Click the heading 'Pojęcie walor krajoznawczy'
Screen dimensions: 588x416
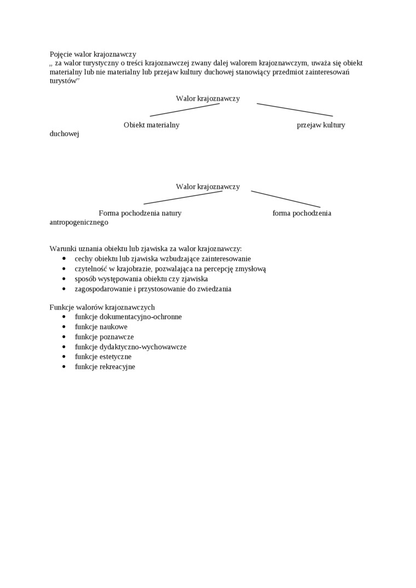(93, 54)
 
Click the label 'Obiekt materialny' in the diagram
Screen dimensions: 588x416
(152, 125)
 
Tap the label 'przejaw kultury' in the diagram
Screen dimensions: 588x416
(321, 125)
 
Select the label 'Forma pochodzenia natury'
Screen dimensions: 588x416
(140, 213)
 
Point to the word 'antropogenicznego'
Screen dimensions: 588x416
(79, 223)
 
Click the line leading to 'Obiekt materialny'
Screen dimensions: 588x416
(184, 110)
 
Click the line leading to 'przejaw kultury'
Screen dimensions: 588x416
(294, 110)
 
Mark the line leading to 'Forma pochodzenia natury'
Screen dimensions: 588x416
(183, 197)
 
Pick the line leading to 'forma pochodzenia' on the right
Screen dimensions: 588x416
(285, 199)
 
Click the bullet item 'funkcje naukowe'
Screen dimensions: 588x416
(101, 327)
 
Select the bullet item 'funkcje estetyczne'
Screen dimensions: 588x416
(103, 357)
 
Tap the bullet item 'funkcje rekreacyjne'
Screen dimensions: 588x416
(105, 367)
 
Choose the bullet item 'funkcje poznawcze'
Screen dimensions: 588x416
(104, 337)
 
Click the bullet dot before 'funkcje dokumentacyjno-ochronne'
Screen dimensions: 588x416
(64, 317)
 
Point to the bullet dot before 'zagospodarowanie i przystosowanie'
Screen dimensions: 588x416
(64, 289)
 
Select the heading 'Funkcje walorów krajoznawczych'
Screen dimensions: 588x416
(102, 307)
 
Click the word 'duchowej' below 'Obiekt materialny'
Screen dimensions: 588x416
(64, 134)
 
